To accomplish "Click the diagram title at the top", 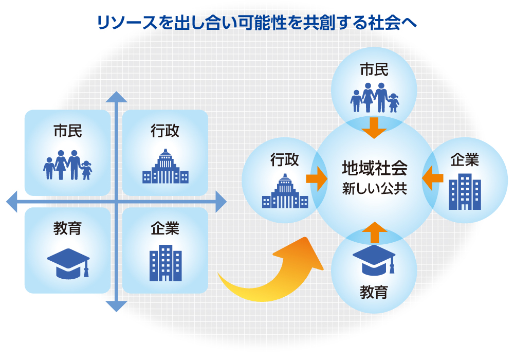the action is point(256,23).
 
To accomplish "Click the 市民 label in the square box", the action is point(67,131).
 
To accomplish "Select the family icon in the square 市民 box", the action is point(67,165).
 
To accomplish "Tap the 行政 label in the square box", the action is point(165,131).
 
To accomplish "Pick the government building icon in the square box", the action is point(165,166).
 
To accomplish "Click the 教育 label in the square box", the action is point(67,228).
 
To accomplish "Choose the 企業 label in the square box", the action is point(165,228).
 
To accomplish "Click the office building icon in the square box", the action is point(166,263).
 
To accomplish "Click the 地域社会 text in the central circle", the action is point(374,168).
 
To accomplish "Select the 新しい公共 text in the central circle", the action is point(374,189).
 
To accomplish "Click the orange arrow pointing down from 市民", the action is point(374,128).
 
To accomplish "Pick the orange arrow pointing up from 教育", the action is point(374,232).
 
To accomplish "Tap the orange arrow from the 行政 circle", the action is point(317,178).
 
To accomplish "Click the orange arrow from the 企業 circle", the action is point(432,178).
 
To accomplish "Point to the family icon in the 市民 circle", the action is point(374,97).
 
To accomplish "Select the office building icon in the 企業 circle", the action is point(465,191).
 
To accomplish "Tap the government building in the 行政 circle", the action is point(285,191).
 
